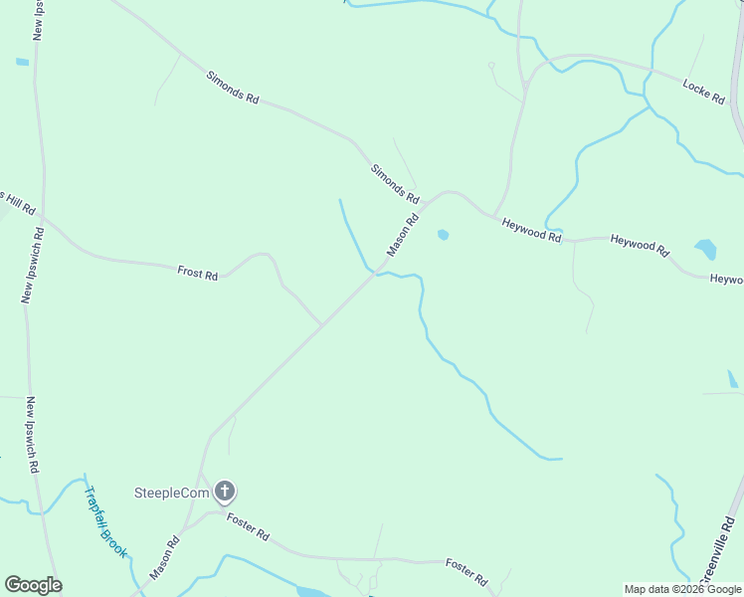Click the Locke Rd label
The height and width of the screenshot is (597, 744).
point(703,92)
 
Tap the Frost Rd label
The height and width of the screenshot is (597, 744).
point(197,272)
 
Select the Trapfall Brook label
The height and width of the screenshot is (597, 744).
point(104,520)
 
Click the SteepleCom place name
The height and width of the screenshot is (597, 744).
point(172,492)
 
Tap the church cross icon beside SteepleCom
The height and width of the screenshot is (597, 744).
point(226,491)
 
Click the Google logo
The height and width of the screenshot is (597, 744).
point(33,585)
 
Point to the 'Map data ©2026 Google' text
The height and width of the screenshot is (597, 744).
point(683,589)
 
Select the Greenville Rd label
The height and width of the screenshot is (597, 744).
point(717,550)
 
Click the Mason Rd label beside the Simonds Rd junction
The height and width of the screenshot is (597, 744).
point(403,234)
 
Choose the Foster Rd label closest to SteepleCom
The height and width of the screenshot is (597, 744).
point(248,525)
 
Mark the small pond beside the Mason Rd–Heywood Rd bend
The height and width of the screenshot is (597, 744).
point(443,235)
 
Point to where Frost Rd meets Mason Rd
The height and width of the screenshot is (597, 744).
point(320,324)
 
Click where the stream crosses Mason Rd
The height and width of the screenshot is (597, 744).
point(376,272)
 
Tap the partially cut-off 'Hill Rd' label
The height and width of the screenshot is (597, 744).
point(18,202)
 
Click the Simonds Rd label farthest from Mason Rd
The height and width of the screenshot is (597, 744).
point(233,87)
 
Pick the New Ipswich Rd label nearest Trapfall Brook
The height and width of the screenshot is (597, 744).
point(33,435)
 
